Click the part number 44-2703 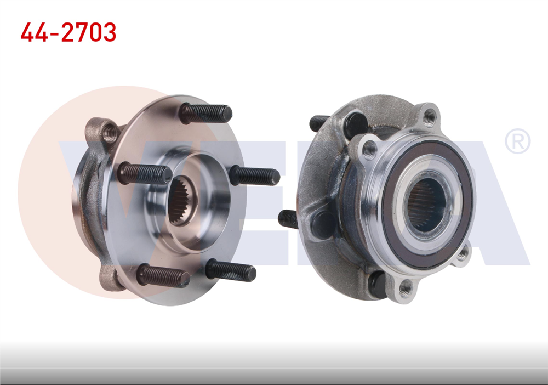pyautogui.click(x=68, y=33)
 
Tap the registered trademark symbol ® pyautogui.click(x=517, y=141)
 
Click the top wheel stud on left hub pyautogui.click(x=206, y=114)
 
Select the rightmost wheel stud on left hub pyautogui.click(x=254, y=176)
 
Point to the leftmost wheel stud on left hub pyautogui.click(x=145, y=174)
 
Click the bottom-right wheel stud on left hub pyautogui.click(x=230, y=271)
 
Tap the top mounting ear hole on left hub pyautogui.click(x=110, y=132)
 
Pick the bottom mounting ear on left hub pyautogui.click(x=111, y=279)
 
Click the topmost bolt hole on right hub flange pyautogui.click(x=430, y=116)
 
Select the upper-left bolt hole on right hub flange pyautogui.click(x=370, y=149)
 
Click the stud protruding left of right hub pyautogui.click(x=288, y=219)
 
